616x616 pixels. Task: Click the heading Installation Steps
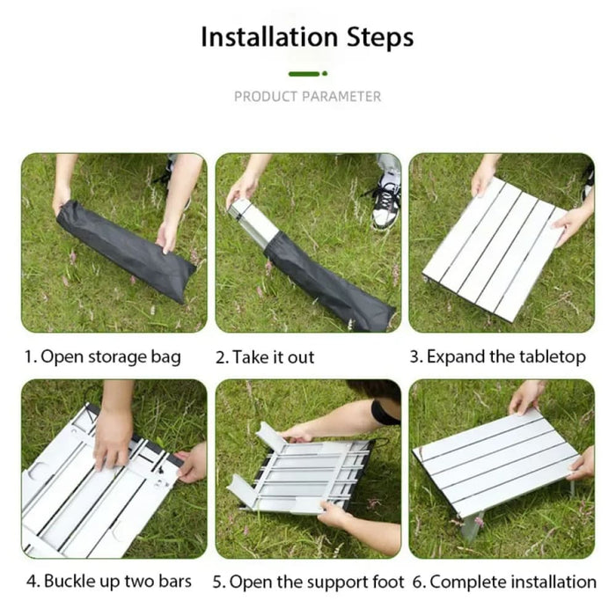point(307,38)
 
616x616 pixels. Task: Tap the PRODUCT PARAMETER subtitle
point(307,96)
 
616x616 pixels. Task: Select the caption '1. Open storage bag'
point(102,356)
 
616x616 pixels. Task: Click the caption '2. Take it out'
point(265,357)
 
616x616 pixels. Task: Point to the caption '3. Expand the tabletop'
point(499,356)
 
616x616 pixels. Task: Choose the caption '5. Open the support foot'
point(309,581)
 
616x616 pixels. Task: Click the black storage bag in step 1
point(128,251)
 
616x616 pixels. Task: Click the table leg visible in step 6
point(472,527)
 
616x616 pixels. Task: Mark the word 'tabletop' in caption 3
point(552,356)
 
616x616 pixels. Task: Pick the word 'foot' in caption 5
point(388,581)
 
